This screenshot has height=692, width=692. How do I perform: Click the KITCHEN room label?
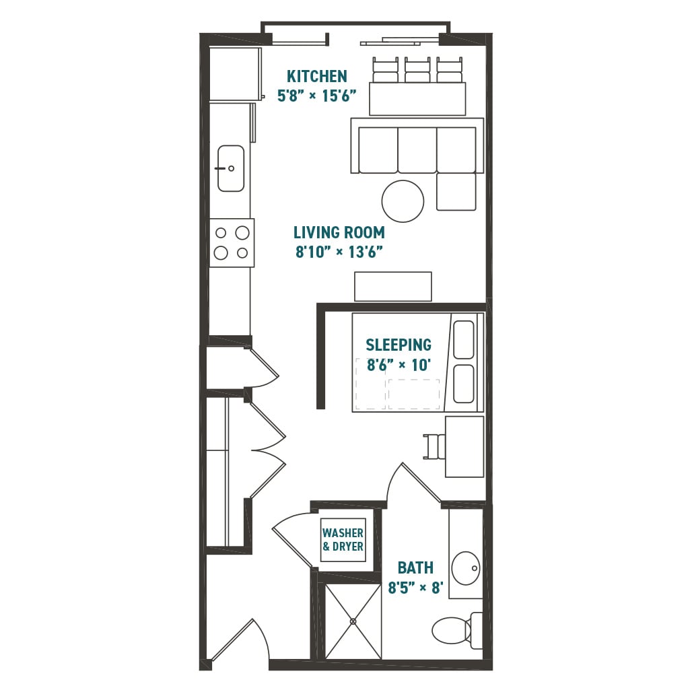(316, 75)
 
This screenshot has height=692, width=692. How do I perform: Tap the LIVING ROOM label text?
(339, 233)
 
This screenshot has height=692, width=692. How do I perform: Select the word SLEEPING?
(399, 345)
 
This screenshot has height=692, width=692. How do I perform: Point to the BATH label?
(415, 567)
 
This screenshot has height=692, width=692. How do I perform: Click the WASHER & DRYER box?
(343, 540)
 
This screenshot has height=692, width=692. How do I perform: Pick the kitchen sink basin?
(231, 168)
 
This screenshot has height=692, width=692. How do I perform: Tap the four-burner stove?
(232, 243)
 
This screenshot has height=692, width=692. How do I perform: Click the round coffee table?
(403, 201)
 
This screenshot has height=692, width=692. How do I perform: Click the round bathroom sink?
(466, 568)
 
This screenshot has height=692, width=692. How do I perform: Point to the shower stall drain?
(353, 621)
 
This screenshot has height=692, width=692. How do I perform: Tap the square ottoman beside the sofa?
(456, 192)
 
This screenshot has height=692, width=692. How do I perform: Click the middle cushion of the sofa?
(417, 149)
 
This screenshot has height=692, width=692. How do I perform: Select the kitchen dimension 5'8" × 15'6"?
(316, 95)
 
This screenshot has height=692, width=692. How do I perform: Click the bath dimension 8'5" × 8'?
(415, 588)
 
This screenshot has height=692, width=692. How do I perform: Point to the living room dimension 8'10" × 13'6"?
(339, 252)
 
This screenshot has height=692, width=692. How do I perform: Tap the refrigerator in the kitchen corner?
(234, 73)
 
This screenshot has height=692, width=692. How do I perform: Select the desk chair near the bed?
(433, 445)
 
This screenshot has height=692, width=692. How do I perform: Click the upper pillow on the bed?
(463, 339)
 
